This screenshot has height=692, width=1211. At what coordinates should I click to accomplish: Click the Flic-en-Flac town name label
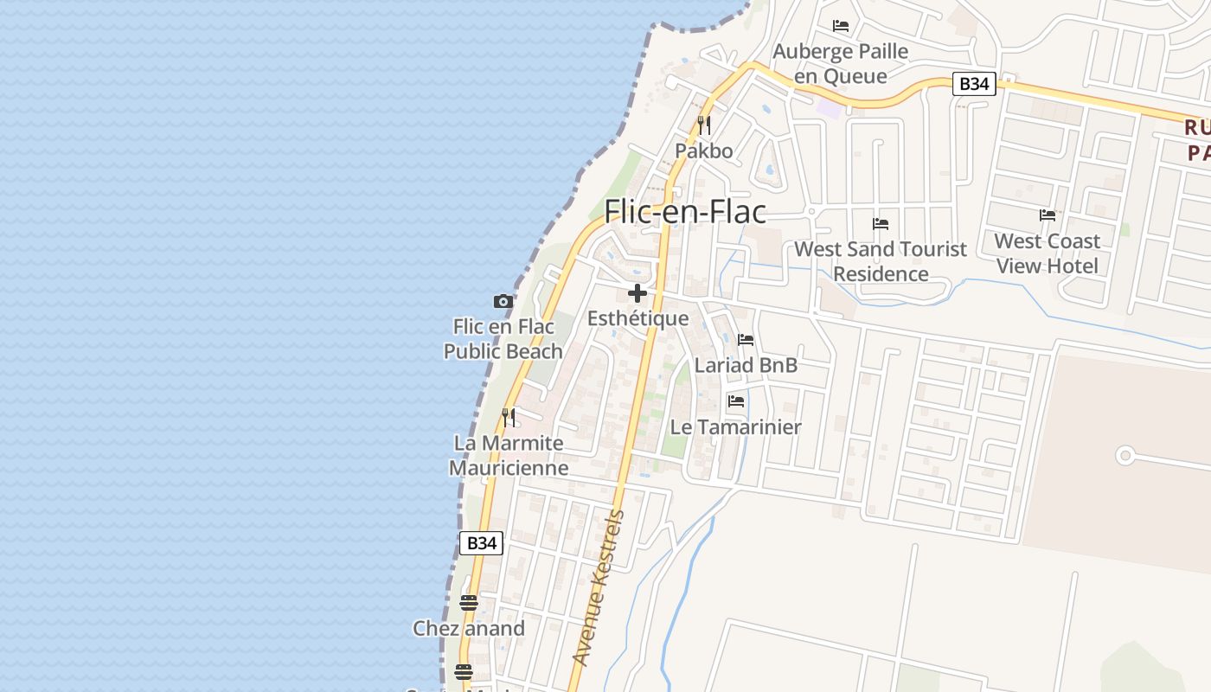point(685,212)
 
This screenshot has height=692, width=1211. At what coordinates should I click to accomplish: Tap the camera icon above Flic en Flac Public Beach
point(503,301)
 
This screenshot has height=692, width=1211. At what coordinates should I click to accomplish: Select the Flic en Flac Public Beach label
point(503,339)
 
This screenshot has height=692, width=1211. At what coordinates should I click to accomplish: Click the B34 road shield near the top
point(975,84)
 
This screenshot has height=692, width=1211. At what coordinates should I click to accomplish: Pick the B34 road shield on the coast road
point(480,543)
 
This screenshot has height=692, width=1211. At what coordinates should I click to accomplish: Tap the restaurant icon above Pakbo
point(704,125)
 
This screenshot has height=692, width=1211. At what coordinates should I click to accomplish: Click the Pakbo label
point(704,151)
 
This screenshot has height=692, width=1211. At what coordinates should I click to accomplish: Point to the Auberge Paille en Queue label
point(841,63)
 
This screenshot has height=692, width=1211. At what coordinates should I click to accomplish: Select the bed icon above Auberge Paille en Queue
point(841,26)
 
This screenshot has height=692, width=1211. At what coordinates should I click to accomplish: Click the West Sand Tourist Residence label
point(881,261)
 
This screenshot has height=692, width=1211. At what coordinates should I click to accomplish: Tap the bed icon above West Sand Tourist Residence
point(881,223)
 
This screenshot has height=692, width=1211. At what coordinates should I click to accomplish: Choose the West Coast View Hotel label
point(1047,253)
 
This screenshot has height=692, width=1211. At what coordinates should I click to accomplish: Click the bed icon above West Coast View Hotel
point(1047,215)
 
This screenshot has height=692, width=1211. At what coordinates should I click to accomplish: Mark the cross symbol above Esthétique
point(638,293)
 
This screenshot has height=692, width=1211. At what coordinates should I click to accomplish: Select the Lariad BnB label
point(746,365)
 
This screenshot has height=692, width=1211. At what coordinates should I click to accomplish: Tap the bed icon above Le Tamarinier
point(736,400)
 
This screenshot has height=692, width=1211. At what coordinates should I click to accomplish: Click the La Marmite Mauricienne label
point(509,456)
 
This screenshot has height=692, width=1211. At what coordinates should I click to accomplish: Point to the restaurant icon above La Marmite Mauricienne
point(509,418)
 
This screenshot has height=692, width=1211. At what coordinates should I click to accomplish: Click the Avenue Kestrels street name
point(598,588)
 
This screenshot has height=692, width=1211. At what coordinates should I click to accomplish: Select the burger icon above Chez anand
point(469,602)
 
